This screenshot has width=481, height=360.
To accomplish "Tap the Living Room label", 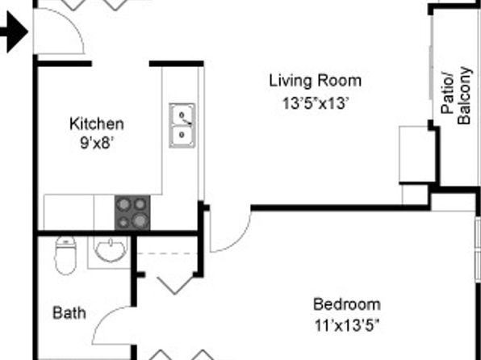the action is pos(316,81).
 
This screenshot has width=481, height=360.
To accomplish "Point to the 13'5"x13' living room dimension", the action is pos(316,103).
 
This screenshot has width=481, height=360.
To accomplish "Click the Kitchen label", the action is pos(97,124).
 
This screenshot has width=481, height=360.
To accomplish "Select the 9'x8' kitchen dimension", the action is pos(97,143).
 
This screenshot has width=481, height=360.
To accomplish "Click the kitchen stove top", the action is pos(132,212).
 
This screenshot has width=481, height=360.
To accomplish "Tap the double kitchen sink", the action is pos(182,125).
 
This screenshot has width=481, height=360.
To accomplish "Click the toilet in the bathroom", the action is pos(65,255).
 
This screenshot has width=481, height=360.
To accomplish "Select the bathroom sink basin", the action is pos(110,250).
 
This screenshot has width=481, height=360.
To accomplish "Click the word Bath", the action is pos(69,313).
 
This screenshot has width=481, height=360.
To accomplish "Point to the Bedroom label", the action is pos(347,304).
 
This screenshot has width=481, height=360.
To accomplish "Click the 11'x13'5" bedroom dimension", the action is pos(347,325).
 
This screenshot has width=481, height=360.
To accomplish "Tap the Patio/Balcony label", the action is pos(456,95).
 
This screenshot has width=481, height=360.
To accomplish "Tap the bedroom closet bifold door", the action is pos(175,285).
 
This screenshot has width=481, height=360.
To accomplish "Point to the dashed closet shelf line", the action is pos(166,253).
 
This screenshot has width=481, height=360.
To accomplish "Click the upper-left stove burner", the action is pos(123,204).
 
